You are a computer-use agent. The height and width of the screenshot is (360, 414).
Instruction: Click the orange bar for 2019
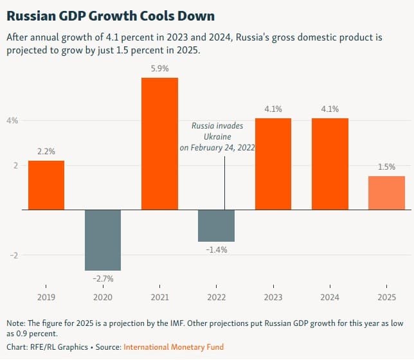point(46,185)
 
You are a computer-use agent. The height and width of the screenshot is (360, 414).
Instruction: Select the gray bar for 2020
point(103,240)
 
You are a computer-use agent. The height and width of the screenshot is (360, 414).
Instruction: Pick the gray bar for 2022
point(216,226)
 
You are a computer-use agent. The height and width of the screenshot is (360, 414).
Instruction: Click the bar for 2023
point(273,164)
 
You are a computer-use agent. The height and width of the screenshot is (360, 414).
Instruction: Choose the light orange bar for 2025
point(386,193)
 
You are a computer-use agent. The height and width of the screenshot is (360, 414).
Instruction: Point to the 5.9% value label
point(159,67)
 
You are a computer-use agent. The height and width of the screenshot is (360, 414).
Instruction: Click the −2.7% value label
point(103,279)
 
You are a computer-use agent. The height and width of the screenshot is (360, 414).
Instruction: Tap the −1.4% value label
point(216,249)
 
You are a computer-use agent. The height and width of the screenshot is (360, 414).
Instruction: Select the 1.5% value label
point(386,166)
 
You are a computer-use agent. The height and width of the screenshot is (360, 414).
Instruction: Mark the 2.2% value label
point(46,151)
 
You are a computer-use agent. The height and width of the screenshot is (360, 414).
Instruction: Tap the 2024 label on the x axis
point(330,298)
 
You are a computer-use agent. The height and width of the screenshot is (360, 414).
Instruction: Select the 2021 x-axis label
point(159,298)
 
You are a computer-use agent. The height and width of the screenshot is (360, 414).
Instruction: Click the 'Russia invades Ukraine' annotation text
point(217,137)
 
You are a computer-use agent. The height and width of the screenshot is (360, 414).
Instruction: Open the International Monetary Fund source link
point(174,347)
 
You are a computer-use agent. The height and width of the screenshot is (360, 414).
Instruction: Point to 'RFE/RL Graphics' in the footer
point(55,347)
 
